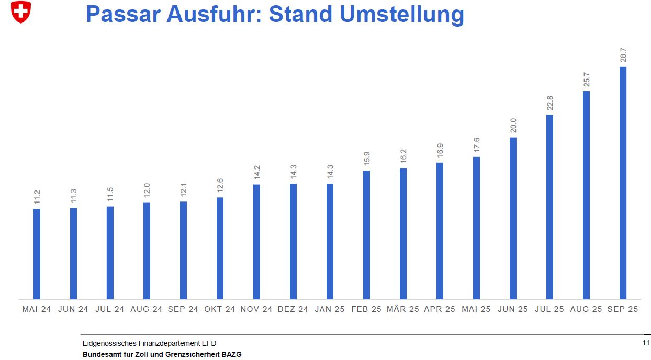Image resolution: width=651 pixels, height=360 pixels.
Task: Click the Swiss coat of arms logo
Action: tap(21, 12)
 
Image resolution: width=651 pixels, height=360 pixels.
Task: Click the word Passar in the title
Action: tap(123, 14)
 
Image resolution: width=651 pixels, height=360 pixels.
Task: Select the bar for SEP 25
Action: tap(623, 183)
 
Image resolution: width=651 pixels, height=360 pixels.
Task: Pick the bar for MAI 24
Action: tap(37, 254)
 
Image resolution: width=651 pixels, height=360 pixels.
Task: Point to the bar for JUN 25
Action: tap(513, 218)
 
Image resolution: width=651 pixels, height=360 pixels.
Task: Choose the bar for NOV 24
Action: tap(256, 242)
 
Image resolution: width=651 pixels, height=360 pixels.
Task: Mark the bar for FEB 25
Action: tap(366, 235)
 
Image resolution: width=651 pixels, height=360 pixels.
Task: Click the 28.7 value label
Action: tap(623, 55)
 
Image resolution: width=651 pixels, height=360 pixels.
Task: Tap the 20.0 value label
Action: tap(513, 126)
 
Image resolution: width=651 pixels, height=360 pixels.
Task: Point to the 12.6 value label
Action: tap(220, 186)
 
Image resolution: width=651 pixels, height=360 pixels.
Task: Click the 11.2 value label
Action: tap(37, 197)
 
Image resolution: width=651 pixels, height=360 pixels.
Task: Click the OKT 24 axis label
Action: tap(220, 309)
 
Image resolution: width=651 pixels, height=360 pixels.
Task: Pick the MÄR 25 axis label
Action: tap(403, 309)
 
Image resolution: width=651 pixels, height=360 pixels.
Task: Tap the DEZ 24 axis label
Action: tap(293, 309)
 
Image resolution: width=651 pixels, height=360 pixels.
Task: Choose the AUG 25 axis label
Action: tap(586, 309)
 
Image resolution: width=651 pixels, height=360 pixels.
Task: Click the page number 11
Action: tap(645, 343)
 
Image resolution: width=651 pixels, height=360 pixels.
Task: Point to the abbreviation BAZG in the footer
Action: tap(231, 354)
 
